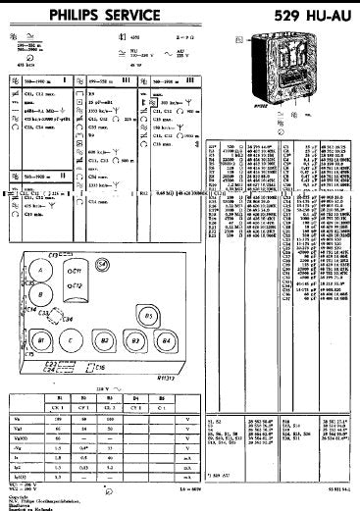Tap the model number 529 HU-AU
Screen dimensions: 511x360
[x=312, y=13]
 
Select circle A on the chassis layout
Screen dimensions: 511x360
[x=38, y=270]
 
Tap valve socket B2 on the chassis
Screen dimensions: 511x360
[x=105, y=339]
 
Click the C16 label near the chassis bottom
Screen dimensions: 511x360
[x=100, y=368]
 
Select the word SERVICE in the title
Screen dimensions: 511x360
[x=102, y=13]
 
